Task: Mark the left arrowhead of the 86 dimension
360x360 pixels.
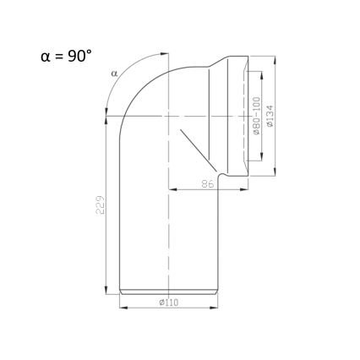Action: tap(172, 188)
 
